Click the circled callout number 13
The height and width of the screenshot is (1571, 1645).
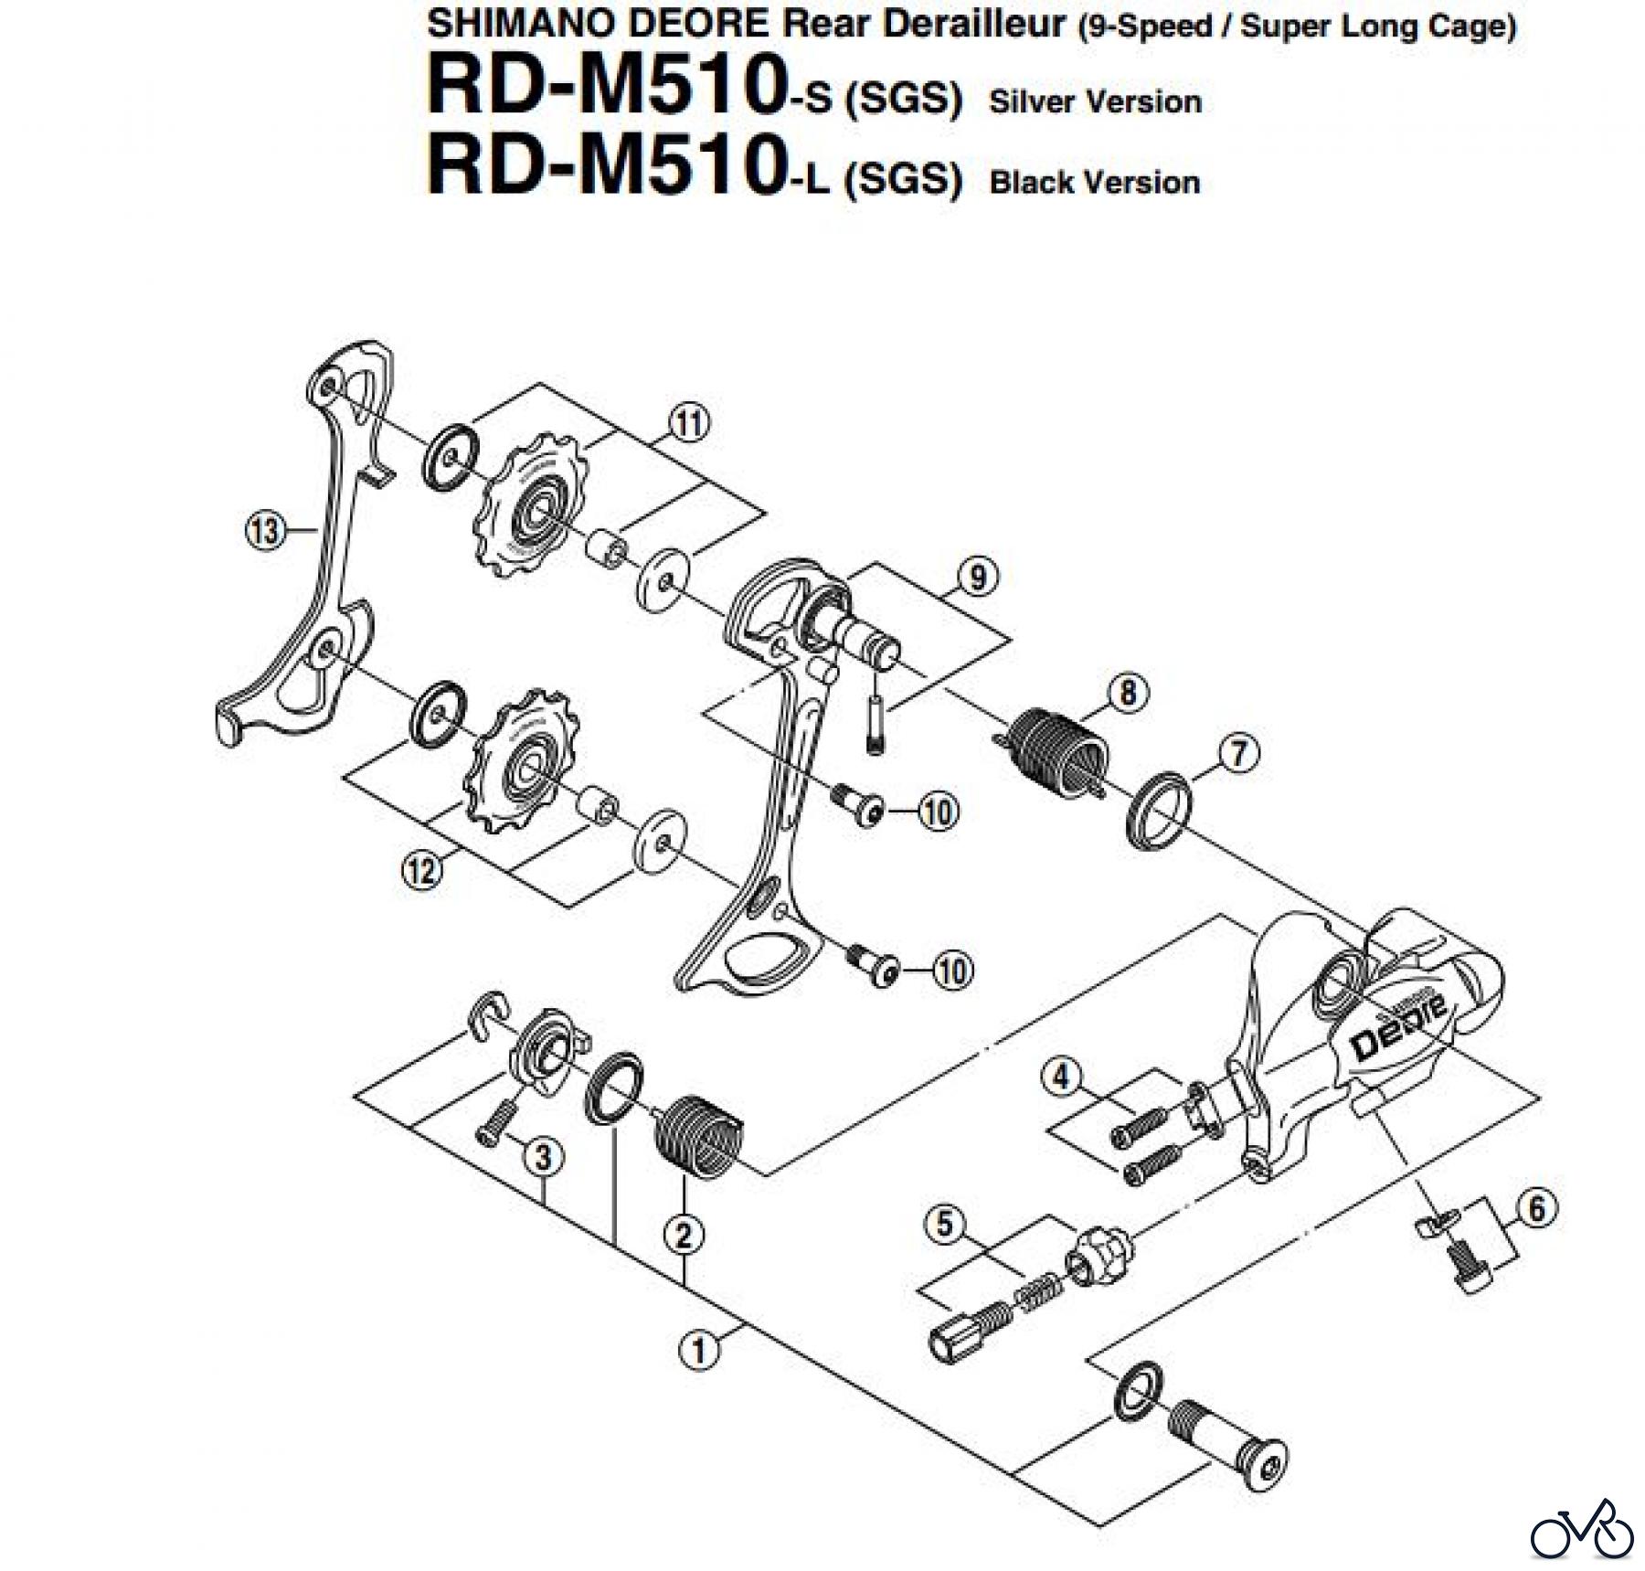265,529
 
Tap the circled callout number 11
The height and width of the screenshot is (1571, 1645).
689,424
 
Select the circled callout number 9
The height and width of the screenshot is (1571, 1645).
978,576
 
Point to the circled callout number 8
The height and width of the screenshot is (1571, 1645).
1128,693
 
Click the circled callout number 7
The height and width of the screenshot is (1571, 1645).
1239,754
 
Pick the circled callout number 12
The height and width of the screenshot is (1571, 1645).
421,870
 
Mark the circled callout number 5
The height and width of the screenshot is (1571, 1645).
944,1224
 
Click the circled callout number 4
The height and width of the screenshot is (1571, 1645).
1060,1076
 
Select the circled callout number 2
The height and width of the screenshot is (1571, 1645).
685,1236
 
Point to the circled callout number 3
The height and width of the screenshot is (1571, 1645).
543,1157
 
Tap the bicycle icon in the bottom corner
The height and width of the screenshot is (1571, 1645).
1582,1528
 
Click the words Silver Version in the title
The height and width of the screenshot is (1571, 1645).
1095,101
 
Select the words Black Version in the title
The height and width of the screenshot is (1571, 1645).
1094,182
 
